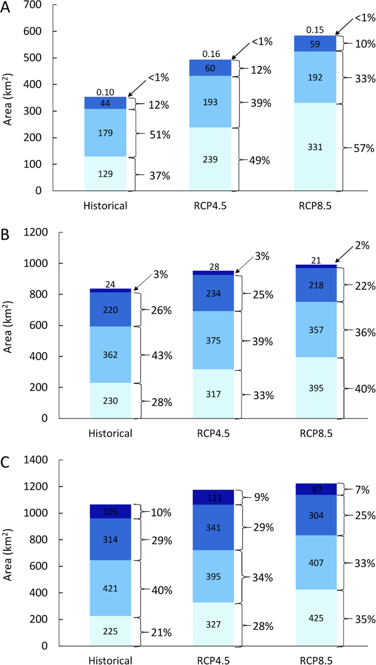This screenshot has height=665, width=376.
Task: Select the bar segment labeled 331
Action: click(316, 147)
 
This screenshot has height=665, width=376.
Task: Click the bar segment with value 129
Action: click(105, 174)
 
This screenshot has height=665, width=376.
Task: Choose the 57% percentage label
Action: click(364, 148)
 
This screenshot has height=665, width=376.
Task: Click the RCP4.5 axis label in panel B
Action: click(213, 433)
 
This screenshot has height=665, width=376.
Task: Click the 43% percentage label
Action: click(161, 355)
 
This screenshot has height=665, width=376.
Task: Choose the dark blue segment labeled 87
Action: click(316, 489)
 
